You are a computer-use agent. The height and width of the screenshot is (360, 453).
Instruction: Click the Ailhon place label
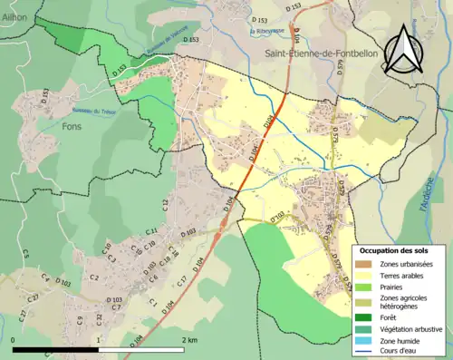point(14,17)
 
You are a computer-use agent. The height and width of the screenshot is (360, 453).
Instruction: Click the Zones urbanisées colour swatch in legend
point(362,263)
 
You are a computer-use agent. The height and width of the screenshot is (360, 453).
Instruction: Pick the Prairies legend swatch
point(362,287)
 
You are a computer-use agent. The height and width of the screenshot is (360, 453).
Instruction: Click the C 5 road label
point(25,253)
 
